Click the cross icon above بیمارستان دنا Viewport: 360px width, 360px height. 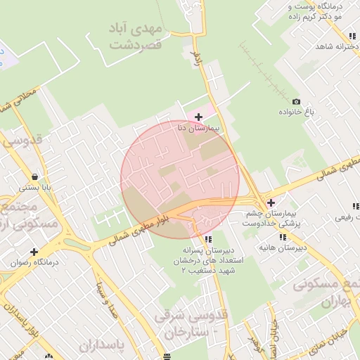point(199,116)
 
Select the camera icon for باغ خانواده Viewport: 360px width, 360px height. point(296,102)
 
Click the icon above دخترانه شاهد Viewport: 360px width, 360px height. point(351,36)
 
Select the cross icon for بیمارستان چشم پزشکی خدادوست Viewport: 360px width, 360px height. point(271,202)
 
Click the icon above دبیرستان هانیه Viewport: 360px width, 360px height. point(284,236)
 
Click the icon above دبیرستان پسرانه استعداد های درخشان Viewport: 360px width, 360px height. point(198,238)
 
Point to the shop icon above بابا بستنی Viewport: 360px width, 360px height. point(34,177)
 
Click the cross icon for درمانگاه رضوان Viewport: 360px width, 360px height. point(33,252)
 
